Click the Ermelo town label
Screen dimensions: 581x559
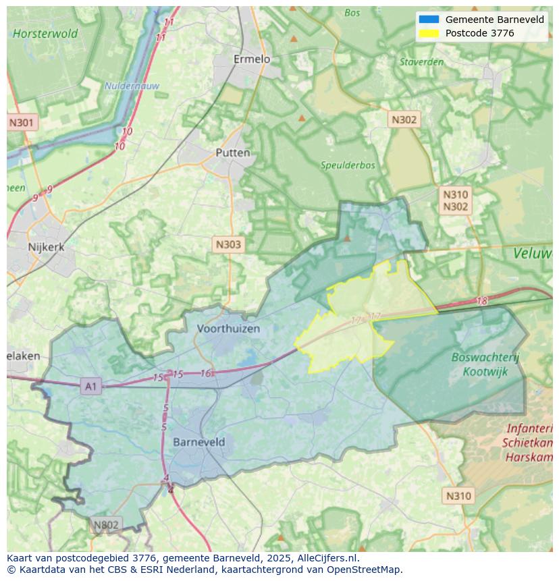[251, 59]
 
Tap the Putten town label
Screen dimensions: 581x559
[232, 153]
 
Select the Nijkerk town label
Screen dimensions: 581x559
[46, 247]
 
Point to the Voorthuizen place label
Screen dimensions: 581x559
[228, 329]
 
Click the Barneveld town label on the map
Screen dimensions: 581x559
[199, 442]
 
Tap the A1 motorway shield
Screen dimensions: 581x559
[90, 386]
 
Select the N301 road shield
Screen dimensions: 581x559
[22, 123]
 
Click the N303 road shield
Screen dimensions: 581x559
[228, 244]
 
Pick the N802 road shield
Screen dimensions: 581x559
[105, 525]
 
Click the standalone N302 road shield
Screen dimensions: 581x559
[404, 119]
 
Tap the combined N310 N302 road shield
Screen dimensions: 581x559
[455, 201]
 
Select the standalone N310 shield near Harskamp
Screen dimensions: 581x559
[458, 496]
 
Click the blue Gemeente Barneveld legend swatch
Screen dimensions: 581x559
[429, 20]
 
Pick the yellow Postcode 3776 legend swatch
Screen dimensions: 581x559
[429, 33]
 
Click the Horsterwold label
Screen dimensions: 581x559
[45, 34]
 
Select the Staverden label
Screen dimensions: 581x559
[421, 62]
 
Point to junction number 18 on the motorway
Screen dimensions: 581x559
[481, 301]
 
